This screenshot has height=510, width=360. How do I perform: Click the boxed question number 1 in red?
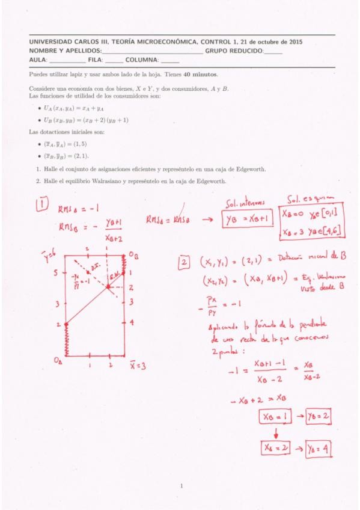(x=44, y=205)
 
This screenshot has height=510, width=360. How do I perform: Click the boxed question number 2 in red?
(x=184, y=262)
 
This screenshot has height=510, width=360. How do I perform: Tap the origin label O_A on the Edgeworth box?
(x=58, y=361)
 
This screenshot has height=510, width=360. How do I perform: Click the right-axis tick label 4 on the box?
(x=131, y=322)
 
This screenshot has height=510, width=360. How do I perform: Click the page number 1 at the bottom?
(x=181, y=485)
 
